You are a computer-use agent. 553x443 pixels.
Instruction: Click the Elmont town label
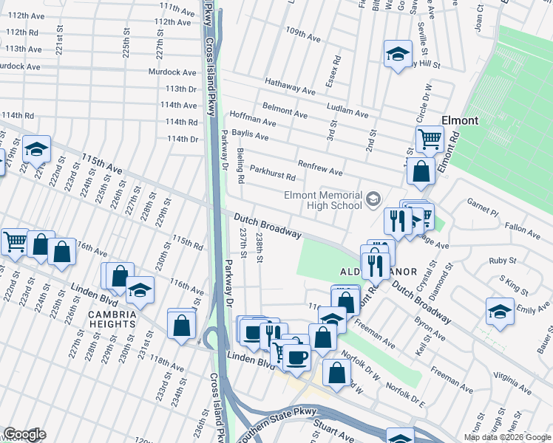pyautogui.click(x=459, y=120)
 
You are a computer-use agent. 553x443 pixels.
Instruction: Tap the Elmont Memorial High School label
pyautogui.click(x=324, y=200)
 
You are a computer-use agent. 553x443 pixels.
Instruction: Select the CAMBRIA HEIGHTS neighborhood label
pyautogui.click(x=112, y=318)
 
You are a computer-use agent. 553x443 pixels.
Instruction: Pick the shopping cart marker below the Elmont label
pyautogui.click(x=430, y=138)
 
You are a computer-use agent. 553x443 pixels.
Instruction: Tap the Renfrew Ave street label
pyautogui.click(x=319, y=168)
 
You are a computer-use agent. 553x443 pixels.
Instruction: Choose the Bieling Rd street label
pyautogui.click(x=240, y=165)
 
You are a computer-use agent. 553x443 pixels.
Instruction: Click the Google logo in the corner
pyautogui.click(x=24, y=434)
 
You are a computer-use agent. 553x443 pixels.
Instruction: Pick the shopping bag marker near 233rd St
pyautogui.click(x=181, y=324)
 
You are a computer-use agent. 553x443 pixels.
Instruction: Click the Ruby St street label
pyautogui.click(x=502, y=261)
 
